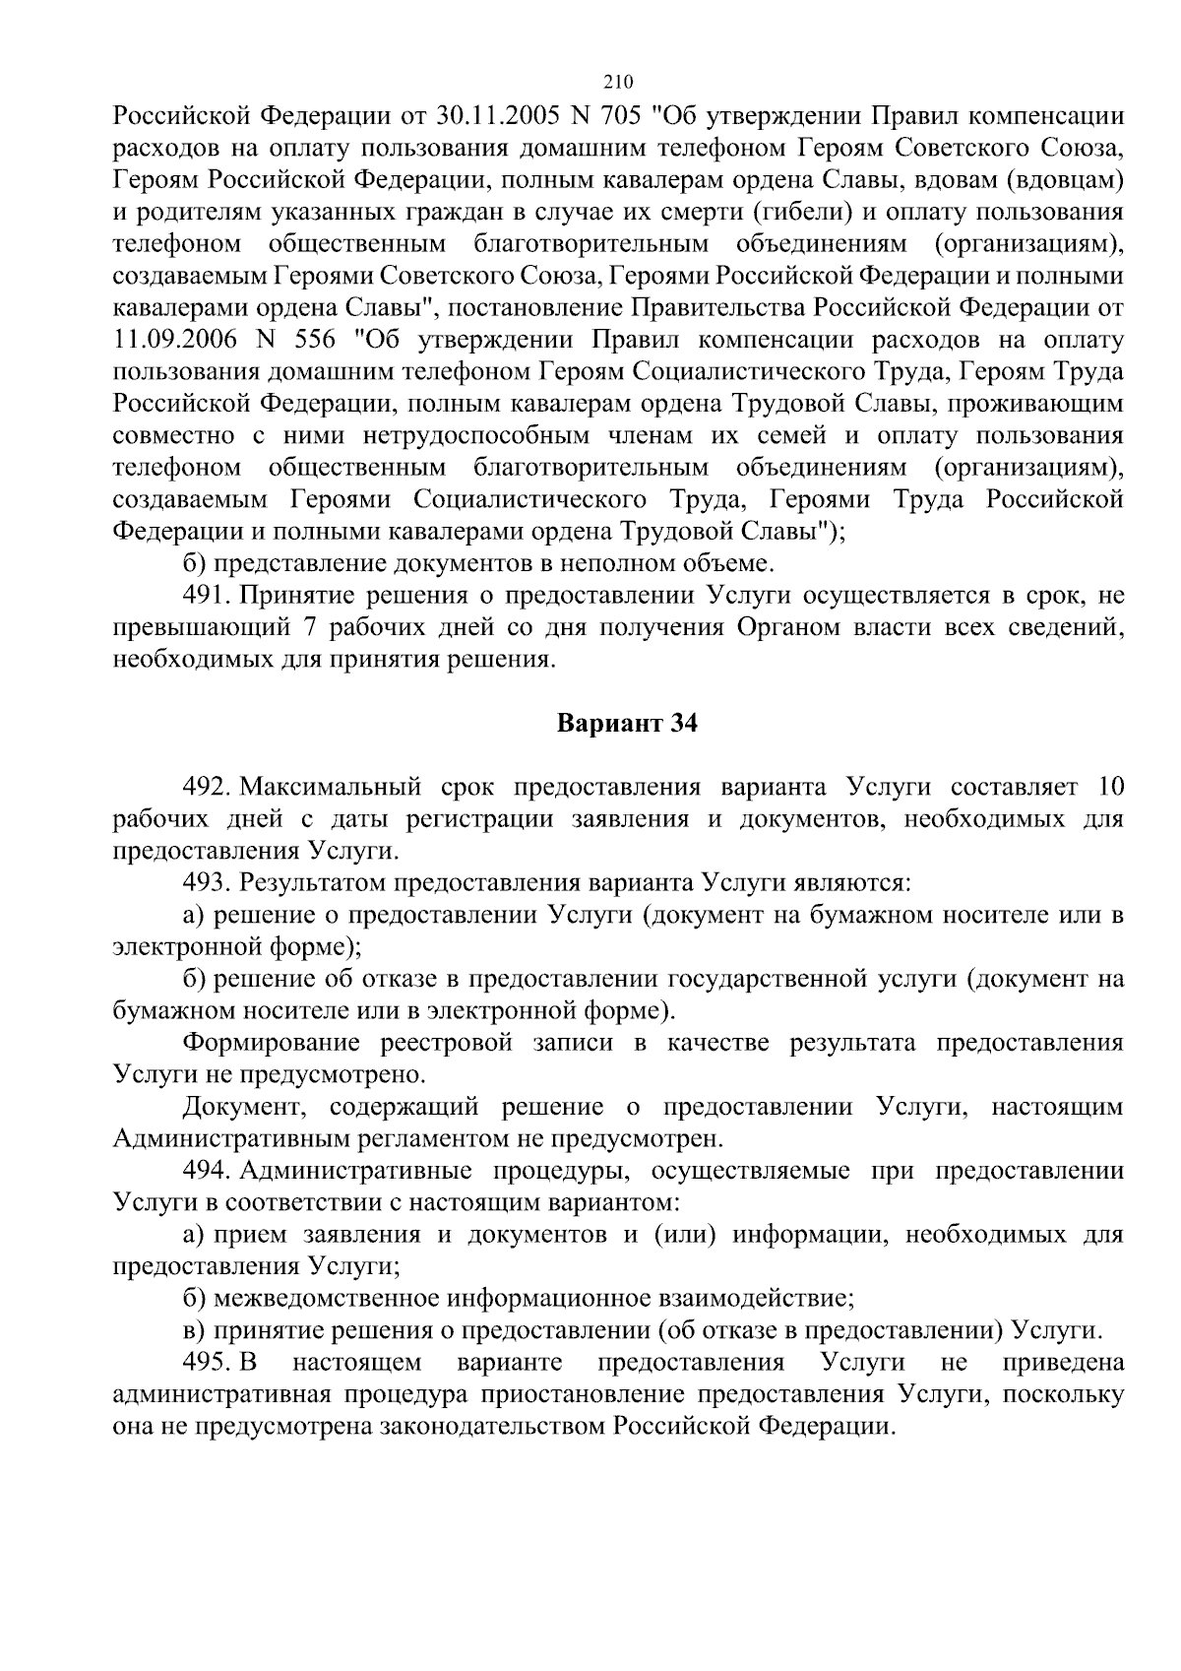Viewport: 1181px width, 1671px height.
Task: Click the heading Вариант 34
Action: [x=627, y=724]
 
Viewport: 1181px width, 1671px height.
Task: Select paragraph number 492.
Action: [x=205, y=788]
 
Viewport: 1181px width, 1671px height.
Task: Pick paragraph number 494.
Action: [x=205, y=1171]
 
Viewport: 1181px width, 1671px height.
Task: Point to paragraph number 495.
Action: [x=205, y=1363]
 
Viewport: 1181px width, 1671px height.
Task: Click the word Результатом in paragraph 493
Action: [x=315, y=883]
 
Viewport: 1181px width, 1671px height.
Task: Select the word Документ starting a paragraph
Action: [x=244, y=1107]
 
